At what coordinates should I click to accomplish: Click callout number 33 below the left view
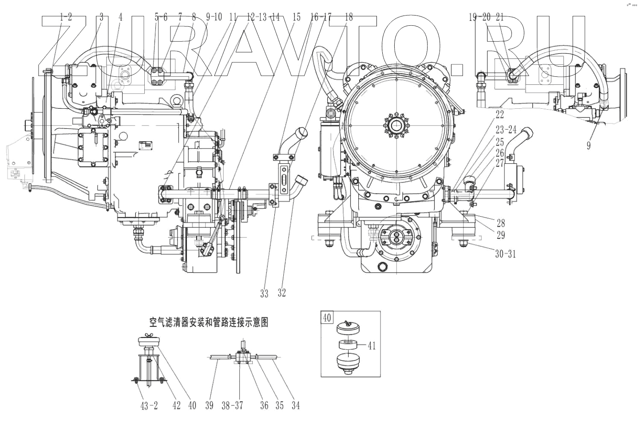265,293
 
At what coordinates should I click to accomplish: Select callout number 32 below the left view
282,293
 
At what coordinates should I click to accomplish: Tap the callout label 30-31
505,254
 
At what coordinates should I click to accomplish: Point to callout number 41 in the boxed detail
372,345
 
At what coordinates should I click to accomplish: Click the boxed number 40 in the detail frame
327,318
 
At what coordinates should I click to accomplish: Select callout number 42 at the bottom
177,406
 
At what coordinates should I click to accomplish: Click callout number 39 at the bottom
210,406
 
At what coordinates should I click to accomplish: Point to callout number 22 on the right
500,115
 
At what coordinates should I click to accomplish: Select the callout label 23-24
506,130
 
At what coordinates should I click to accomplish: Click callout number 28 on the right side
500,223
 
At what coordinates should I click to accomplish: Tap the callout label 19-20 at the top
479,17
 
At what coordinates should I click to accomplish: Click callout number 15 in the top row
297,17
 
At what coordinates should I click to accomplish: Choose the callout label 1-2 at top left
66,17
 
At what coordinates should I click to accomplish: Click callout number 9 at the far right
589,146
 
